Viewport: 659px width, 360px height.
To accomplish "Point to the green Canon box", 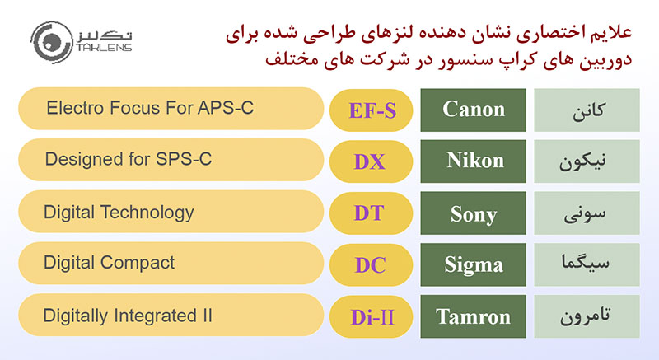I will [x=473, y=110].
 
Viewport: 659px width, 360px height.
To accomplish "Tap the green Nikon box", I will [x=473, y=161].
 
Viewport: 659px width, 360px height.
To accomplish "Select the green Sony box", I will [x=473, y=213].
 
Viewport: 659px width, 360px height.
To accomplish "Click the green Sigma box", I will [x=473, y=264].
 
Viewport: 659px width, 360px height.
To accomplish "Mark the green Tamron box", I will [x=473, y=316].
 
